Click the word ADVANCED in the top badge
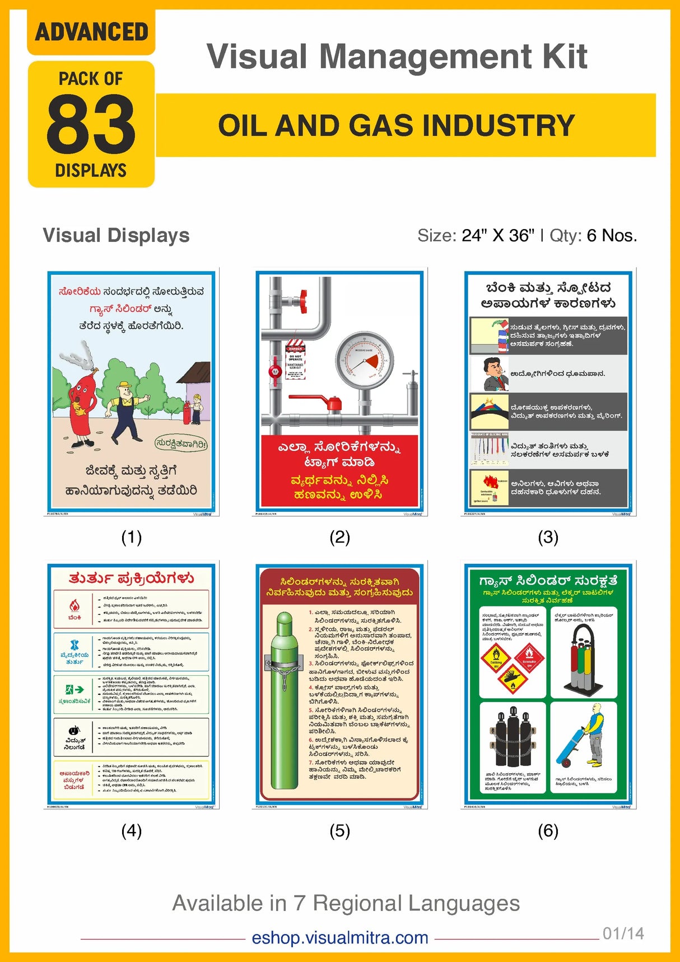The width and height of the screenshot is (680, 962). tap(91, 32)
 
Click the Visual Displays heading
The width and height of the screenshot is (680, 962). tap(116, 236)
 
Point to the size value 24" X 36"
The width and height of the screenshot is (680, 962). tap(498, 236)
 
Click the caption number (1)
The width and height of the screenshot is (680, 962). tap(132, 538)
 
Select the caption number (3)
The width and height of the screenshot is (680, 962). tap(548, 538)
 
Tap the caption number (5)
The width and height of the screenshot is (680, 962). tap(339, 831)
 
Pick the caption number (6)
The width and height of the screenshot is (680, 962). tap(548, 831)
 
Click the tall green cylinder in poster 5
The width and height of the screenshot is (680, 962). tap(284, 700)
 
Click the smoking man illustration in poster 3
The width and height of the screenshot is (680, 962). tap(490, 374)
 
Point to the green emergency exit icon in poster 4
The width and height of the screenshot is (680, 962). tap(74, 689)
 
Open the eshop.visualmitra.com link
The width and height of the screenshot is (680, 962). tap(340, 937)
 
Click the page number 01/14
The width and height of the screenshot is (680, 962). tap(623, 933)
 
